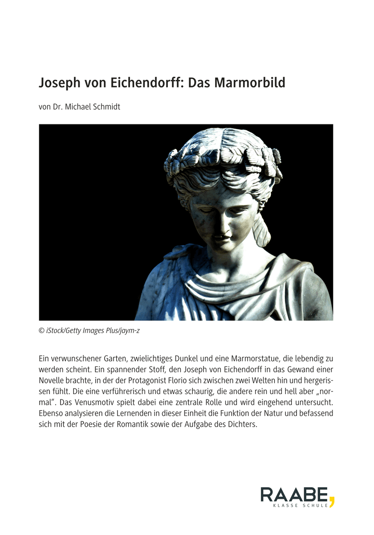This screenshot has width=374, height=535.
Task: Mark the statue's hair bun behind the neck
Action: tap(261, 230)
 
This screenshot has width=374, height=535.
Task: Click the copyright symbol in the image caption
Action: tap(41, 330)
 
